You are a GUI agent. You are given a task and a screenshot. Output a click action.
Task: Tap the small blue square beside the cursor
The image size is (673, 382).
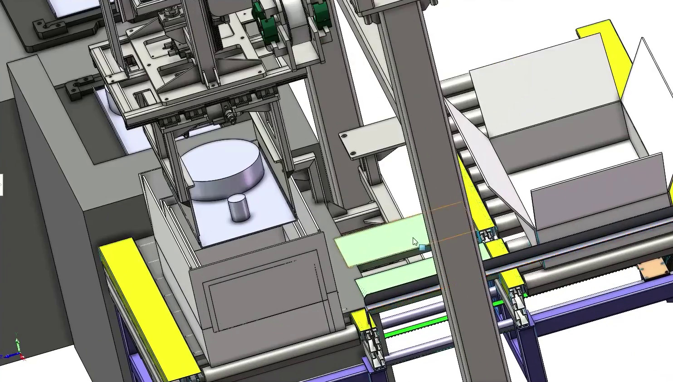pos(422,248)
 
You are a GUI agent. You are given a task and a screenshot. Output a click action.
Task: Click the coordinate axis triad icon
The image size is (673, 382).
pos(17,350)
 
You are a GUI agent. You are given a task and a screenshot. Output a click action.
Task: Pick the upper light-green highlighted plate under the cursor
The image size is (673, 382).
pos(381,240)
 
